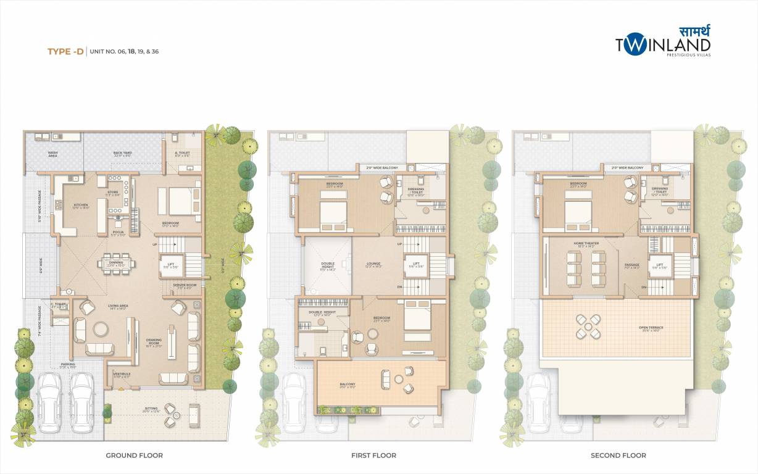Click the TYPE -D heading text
[65, 52]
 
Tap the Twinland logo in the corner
[662, 43]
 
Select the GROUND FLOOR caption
[134, 455]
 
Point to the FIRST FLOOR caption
[373, 455]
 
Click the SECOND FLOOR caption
[618, 455]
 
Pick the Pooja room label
[117, 232]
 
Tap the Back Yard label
[122, 153]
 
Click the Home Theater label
[586, 243]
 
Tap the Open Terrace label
[651, 328]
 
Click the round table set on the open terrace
[588, 326]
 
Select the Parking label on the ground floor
[68, 365]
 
